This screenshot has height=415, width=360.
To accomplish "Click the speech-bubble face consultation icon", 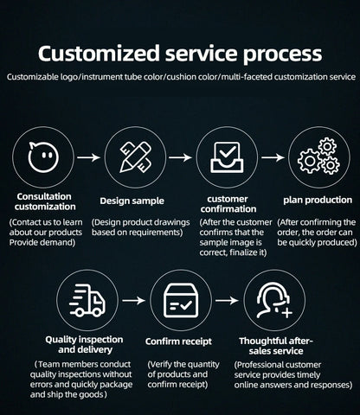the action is click(x=43, y=157).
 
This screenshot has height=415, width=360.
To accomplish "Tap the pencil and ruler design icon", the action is click(x=135, y=157).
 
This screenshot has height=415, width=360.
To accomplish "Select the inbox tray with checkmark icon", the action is click(x=227, y=157).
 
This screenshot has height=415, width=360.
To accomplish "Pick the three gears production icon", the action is click(x=318, y=156).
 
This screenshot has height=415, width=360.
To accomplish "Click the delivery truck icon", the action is click(x=87, y=301).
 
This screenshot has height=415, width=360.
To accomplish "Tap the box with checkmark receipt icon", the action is click(x=181, y=301).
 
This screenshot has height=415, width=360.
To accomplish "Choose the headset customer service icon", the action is click(x=274, y=301).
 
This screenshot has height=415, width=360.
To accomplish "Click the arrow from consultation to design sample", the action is click(x=88, y=157).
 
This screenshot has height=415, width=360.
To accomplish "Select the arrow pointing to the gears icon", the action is click(x=273, y=157).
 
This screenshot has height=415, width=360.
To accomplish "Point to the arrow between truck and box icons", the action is click(x=133, y=301).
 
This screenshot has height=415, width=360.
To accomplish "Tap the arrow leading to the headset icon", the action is click(x=227, y=301).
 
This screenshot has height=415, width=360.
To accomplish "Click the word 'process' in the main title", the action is click(x=282, y=54).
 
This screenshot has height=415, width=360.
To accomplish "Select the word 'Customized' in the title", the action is click(x=99, y=53).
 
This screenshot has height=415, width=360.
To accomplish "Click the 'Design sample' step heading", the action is click(x=132, y=201).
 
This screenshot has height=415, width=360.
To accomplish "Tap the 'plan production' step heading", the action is click(x=318, y=201).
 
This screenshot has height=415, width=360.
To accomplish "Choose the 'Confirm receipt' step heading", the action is click(x=178, y=342).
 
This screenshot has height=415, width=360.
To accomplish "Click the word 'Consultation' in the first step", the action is click(x=44, y=196).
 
